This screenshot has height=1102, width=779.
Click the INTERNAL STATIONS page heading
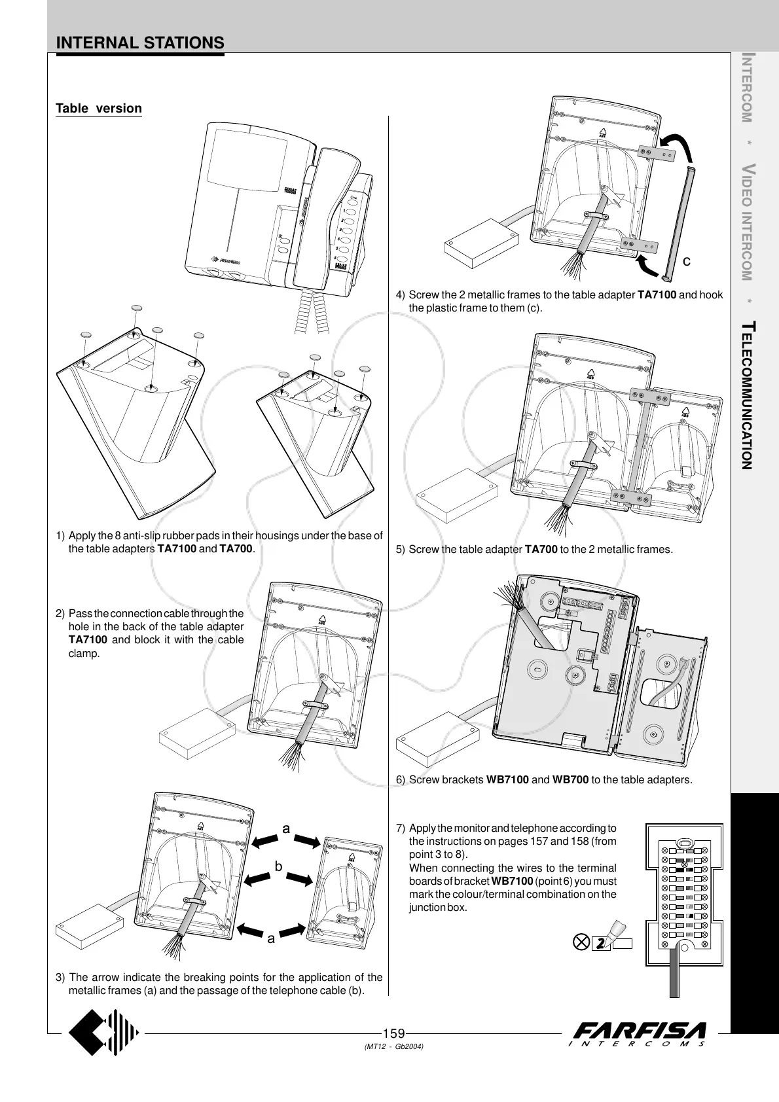pos(140,43)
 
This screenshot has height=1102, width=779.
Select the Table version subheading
pos(99,109)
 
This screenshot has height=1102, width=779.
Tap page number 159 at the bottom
pos(393,1034)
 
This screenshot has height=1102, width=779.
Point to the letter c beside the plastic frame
pos(687,262)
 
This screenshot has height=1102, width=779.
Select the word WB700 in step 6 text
pos(570,780)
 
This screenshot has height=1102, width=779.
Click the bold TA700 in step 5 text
pos(541,550)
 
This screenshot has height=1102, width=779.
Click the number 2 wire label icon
pos(599,944)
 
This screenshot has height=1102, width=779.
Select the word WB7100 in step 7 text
pos(513,881)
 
